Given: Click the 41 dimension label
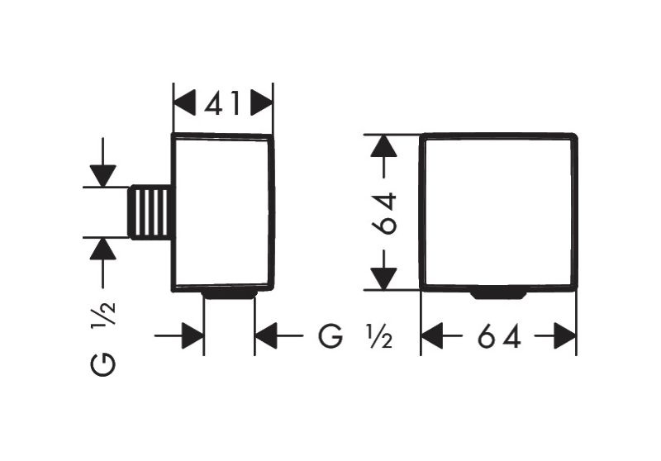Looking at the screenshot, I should pos(222,103).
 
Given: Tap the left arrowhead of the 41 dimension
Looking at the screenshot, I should pos(183,103).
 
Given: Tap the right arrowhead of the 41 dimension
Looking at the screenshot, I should pos(262,103).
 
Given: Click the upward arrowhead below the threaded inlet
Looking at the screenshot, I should pos(103,249).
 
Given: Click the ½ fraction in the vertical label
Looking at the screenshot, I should pos(104,313).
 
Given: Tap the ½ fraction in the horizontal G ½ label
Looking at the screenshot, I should pos(378,336).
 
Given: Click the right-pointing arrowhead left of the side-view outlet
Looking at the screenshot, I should pos(193,336).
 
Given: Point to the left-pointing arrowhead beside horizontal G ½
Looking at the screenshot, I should pos(266,336).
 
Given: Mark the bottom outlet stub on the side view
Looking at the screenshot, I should pos(229,293).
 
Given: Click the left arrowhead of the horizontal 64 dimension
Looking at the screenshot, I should pos(433,336).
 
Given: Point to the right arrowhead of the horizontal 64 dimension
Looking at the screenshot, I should pos(565,336).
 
